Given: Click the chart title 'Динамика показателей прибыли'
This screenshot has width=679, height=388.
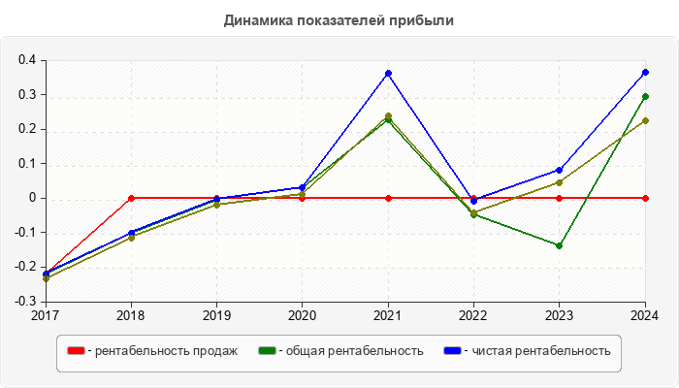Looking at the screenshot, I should [339, 19].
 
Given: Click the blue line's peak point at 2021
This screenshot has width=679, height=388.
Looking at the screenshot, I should [388, 73].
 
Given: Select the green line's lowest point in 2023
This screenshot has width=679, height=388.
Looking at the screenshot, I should [559, 245].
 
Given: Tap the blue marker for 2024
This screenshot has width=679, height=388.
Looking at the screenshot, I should [645, 72].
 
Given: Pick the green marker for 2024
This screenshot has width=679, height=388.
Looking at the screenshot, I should [645, 96].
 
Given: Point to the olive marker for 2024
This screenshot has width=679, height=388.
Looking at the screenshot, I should [645, 121].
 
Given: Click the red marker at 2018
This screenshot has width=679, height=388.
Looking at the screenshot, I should [131, 198].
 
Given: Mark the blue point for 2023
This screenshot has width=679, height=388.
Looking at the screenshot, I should [559, 170].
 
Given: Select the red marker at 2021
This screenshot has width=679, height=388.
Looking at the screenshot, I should [388, 198].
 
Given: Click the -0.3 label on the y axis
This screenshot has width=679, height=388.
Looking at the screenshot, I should [25, 302].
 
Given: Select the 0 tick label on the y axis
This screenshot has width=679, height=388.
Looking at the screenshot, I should [32, 198].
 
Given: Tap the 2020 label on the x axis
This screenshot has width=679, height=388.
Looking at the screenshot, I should [302, 315].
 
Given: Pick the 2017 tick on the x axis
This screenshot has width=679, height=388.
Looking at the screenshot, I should [46, 315].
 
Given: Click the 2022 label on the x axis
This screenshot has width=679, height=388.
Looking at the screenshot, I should [473, 315].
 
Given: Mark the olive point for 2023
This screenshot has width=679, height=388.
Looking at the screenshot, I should [559, 182].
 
